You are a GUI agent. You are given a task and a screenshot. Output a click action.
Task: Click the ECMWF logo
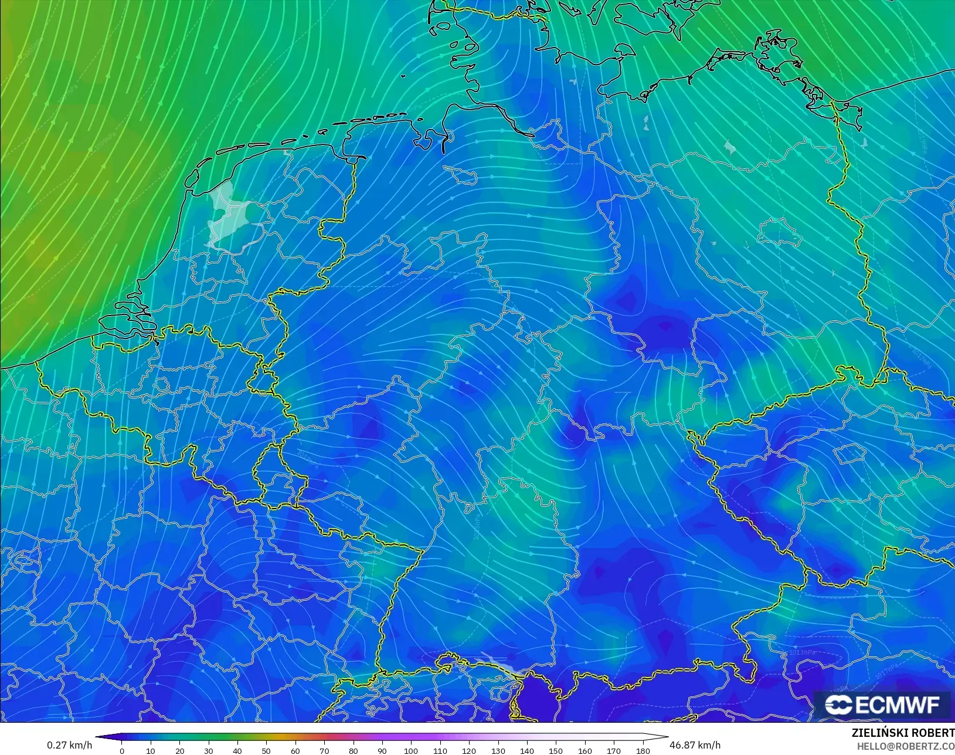click(882, 705)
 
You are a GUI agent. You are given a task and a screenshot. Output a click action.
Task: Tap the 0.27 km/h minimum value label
click(69, 745)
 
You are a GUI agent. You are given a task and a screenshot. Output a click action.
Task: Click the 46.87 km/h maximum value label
click(695, 745)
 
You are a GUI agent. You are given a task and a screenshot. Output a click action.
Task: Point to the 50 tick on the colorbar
click(266, 750)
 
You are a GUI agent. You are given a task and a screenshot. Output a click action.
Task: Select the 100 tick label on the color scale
click(411, 750)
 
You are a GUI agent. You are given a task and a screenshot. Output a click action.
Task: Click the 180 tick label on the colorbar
click(643, 750)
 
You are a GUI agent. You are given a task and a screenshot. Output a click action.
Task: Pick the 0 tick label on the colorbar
click(122, 750)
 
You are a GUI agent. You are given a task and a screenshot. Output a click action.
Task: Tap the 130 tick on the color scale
click(498, 750)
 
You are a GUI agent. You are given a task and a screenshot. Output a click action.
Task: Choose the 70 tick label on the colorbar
click(324, 750)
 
